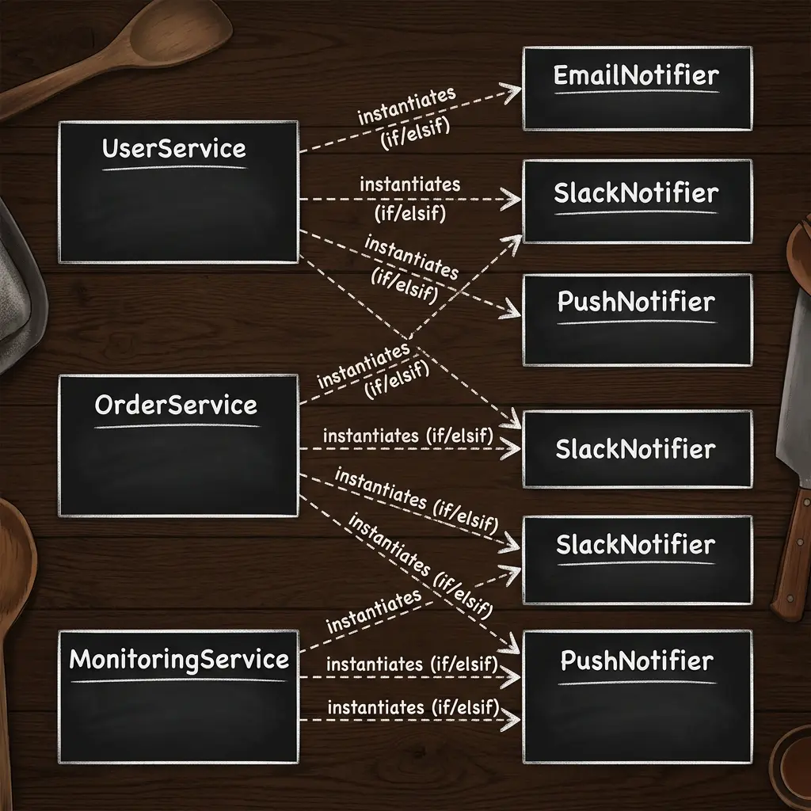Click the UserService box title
pyautogui.click(x=173, y=148)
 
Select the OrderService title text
pyautogui.click(x=176, y=405)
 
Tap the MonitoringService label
pyautogui.click(x=179, y=660)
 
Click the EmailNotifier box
pyautogui.click(x=638, y=89)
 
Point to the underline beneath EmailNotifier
pyautogui.click(x=637, y=92)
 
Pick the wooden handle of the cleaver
pyautogui.click(x=790, y=554)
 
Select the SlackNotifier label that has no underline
pyautogui.click(x=636, y=448)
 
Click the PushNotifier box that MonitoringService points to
pyautogui.click(x=638, y=697)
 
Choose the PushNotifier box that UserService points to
pyautogui.click(x=638, y=320)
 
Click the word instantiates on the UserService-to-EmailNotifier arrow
pyautogui.click(x=407, y=106)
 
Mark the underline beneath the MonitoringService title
pyautogui.click(x=178, y=680)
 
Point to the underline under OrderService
pyautogui.click(x=177, y=425)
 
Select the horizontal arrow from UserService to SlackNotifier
pyautogui.click(x=410, y=199)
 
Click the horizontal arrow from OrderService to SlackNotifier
pyautogui.click(x=410, y=448)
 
